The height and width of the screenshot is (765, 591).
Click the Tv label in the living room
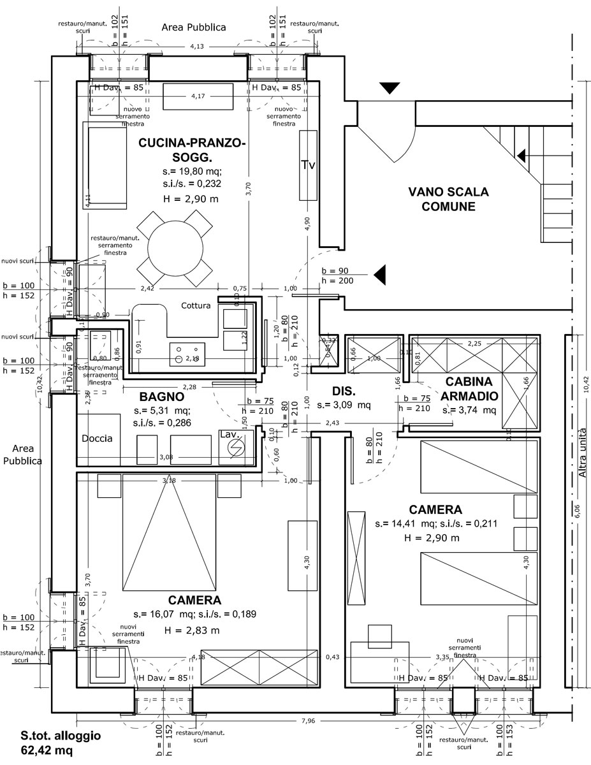(x=308, y=165)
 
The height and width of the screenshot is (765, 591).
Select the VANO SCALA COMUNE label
(x=448, y=198)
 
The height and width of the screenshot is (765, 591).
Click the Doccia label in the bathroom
(x=97, y=439)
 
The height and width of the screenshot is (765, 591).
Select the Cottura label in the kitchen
(x=196, y=305)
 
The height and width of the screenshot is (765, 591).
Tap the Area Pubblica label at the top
(x=194, y=27)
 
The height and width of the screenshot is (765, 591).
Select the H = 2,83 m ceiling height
(x=192, y=630)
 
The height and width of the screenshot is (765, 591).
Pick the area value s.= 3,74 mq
(x=469, y=410)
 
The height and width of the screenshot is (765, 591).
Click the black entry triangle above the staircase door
(x=389, y=89)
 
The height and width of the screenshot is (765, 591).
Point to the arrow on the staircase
(x=522, y=156)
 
